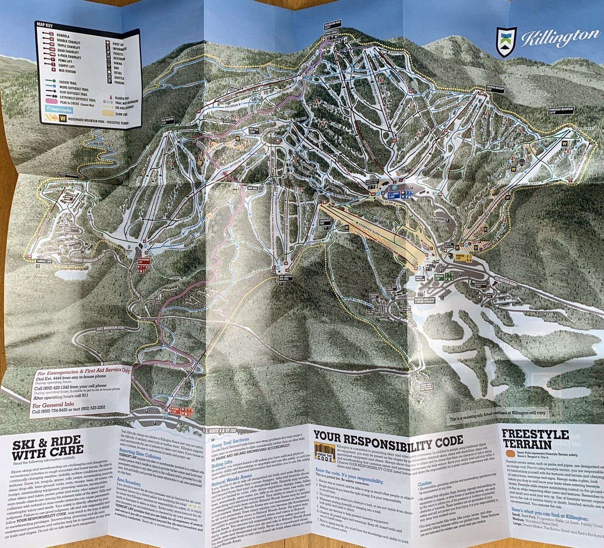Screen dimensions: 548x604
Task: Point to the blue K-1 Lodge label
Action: [x=394, y=194]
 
